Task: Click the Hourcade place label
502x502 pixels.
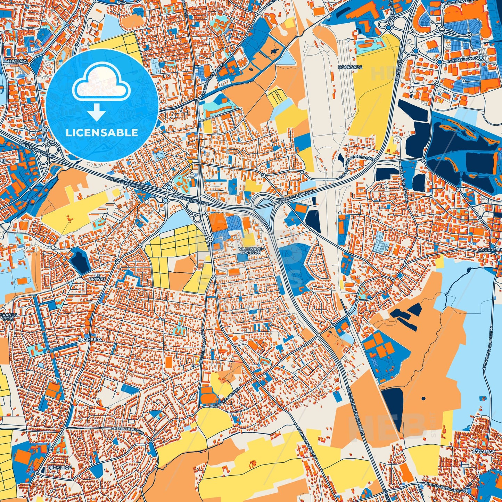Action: (x=350, y=67)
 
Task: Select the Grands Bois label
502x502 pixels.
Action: (x=9, y=316)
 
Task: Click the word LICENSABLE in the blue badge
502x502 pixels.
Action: (x=102, y=132)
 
